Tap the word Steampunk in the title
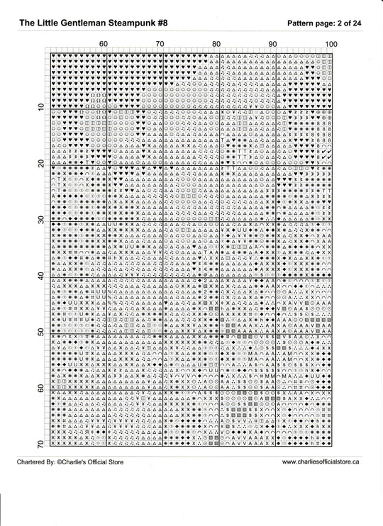[x=135, y=23]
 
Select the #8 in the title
[x=162, y=23]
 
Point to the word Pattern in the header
[x=303, y=23]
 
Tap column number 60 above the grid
[x=103, y=45]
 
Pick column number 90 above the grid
[x=272, y=45]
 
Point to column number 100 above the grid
[x=331, y=45]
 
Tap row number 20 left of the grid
[x=40, y=162]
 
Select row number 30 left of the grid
[x=40, y=219]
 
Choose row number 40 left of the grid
[x=40, y=275]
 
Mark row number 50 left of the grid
[x=40, y=331]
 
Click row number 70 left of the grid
[x=40, y=444]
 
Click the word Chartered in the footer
[x=34, y=461]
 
